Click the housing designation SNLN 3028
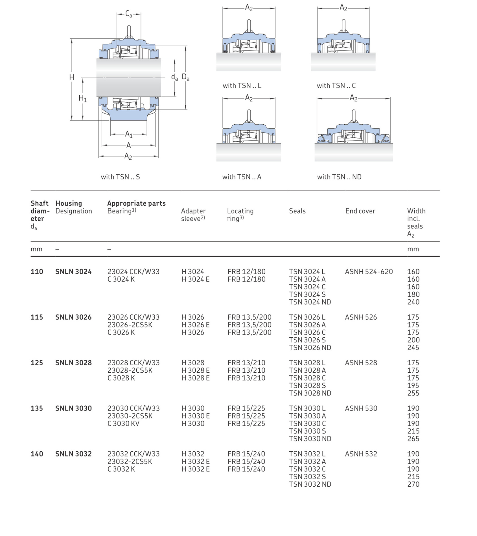pos(73,363)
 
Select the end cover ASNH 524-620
pos(369,272)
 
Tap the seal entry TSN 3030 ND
pos(310,439)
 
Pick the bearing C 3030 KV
pos(123,423)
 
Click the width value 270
pos(413,484)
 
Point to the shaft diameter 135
pos(37,408)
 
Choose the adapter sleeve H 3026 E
pos(195,325)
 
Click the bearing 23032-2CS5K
pos(130,462)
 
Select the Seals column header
pos(297,211)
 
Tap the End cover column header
pos(360,211)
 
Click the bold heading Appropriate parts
pos(136,203)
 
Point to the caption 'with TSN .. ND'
pos(339,177)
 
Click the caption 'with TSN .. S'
pos(120,177)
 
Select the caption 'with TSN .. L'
pos(242,85)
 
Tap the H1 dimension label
pos(82,98)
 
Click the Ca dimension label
pos(129,14)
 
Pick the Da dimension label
pos(185,77)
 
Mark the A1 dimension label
pos(129,134)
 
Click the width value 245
pos(413,348)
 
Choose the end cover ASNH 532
pos(361,454)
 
